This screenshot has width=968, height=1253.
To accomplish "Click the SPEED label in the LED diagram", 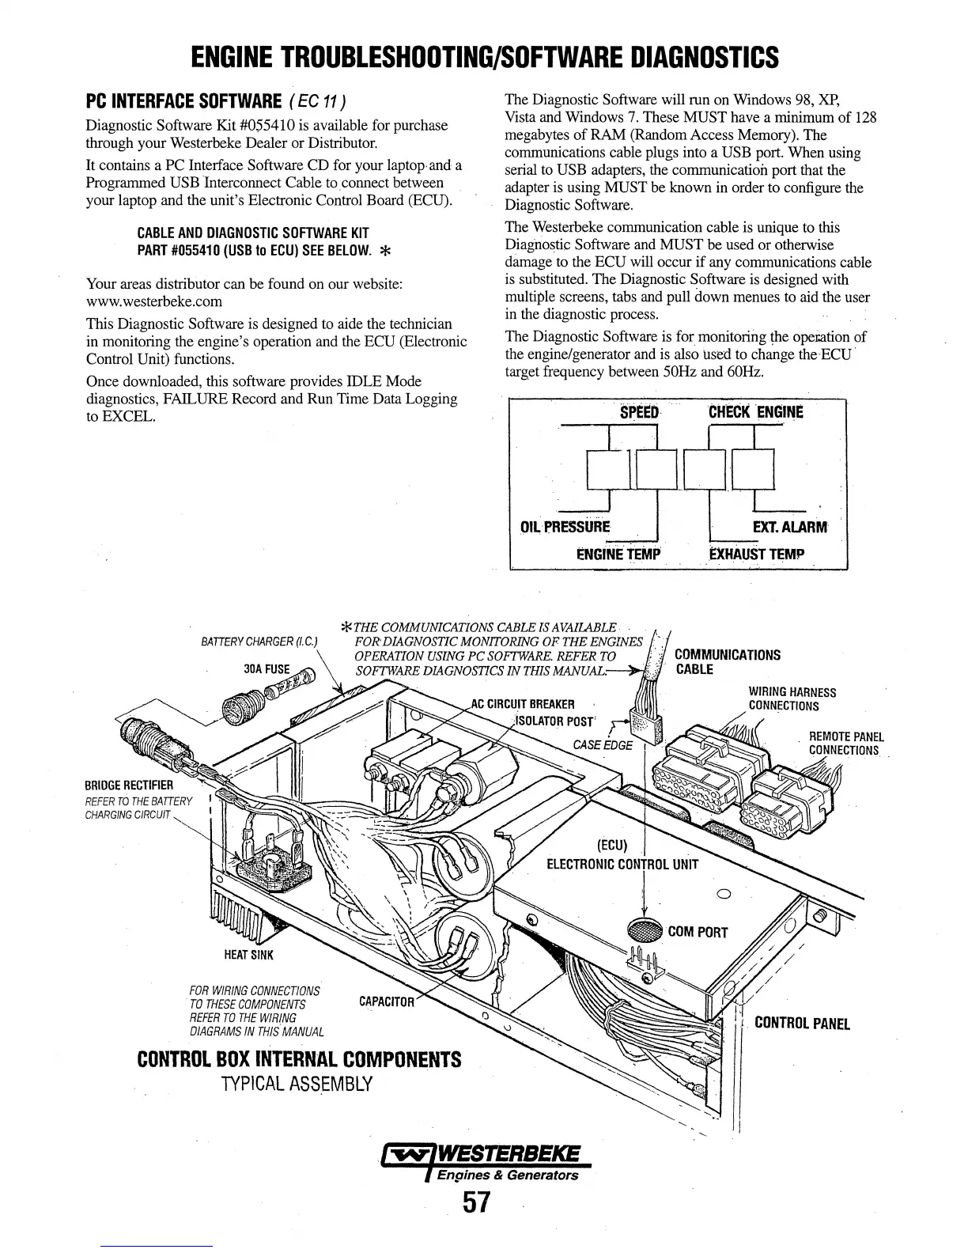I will pyautogui.click(x=639, y=412).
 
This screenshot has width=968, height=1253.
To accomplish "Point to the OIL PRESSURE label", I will pyautogui.click(x=565, y=527).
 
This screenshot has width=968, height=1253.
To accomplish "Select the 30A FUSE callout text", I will pyautogui.click(x=267, y=668).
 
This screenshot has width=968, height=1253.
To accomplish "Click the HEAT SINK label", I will pyautogui.click(x=248, y=955).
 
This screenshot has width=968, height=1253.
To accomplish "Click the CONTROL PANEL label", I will pyautogui.click(x=802, y=1024).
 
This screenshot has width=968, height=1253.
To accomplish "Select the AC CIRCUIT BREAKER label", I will pyautogui.click(x=522, y=704).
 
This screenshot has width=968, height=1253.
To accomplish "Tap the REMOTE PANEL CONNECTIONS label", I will pyautogui.click(x=845, y=743).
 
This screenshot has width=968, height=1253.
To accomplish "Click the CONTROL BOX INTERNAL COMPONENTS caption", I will pyautogui.click(x=299, y=1058).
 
